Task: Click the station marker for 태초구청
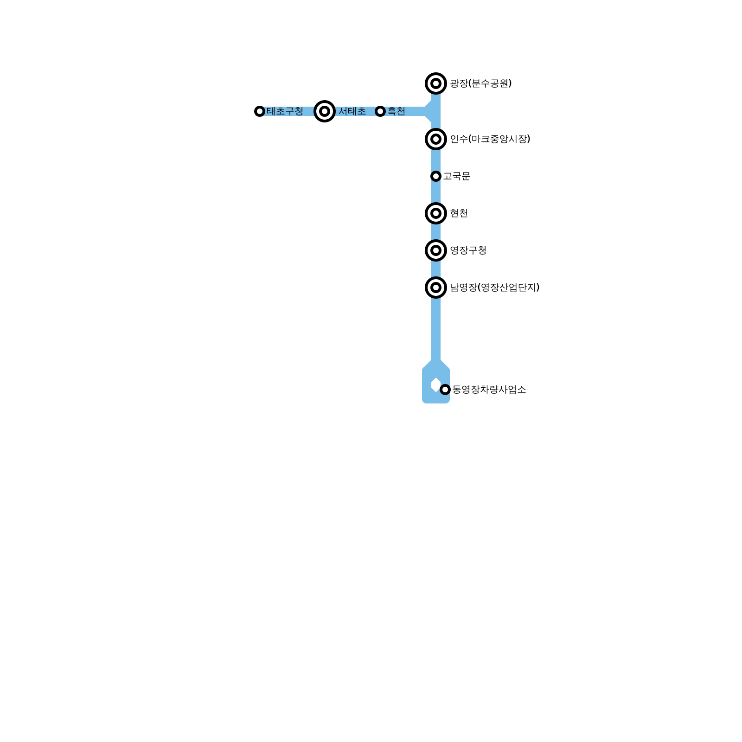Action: (x=260, y=111)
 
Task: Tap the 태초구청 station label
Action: (x=285, y=111)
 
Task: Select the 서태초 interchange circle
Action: (x=325, y=111)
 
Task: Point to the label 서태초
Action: (x=352, y=111)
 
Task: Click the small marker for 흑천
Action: (x=380, y=111)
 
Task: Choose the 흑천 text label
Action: (x=397, y=111)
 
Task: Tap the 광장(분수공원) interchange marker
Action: (x=436, y=83)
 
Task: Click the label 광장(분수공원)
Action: (x=481, y=83)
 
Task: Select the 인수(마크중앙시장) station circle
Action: (x=436, y=139)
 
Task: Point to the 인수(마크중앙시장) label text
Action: (x=490, y=139)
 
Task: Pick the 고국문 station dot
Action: (x=436, y=176)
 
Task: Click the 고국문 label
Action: (x=457, y=176)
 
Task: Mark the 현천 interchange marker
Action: (x=436, y=213)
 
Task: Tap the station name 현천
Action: (x=459, y=213)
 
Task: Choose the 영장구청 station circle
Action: (x=436, y=250)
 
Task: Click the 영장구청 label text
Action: (x=468, y=250)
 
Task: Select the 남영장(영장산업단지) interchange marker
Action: (x=436, y=288)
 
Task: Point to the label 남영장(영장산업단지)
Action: (x=495, y=288)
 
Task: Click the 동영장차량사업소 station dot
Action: (x=445, y=390)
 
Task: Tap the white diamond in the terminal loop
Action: (x=435, y=384)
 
